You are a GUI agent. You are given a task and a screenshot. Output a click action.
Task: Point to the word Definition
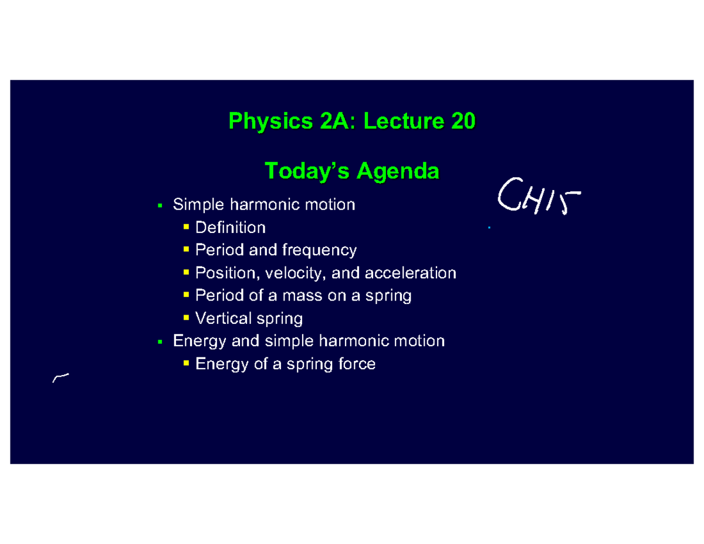click(x=230, y=227)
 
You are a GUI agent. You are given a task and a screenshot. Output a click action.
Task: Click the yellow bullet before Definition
click(x=186, y=227)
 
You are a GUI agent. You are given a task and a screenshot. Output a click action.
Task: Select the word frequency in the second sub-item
click(x=319, y=250)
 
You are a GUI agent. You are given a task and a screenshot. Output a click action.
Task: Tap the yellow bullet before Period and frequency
click(x=186, y=250)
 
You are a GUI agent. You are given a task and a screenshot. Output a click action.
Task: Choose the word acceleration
click(x=410, y=273)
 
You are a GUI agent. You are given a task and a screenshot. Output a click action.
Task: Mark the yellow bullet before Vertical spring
click(x=186, y=319)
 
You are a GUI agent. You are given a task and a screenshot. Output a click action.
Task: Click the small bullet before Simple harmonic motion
click(x=160, y=206)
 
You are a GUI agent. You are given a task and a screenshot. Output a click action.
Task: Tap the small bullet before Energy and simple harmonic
click(x=160, y=342)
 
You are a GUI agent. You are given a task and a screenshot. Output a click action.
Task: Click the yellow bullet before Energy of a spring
click(x=186, y=364)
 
